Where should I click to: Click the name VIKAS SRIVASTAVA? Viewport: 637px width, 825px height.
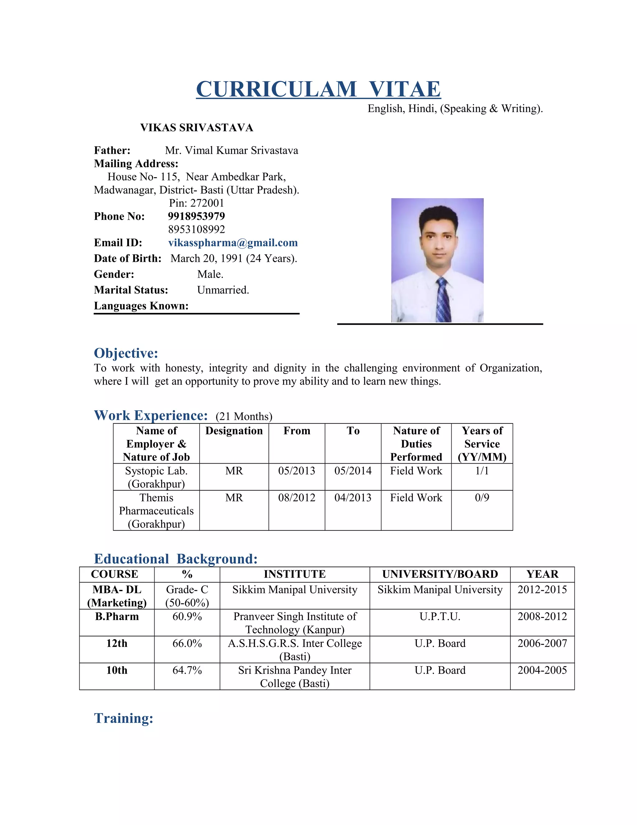tap(197, 128)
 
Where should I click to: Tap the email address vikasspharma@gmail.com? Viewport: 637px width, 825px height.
tap(233, 243)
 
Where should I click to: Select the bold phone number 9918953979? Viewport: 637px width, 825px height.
tap(196, 216)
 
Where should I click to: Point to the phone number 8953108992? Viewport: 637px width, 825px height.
tap(196, 229)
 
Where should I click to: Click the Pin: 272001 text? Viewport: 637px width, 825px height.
tap(196, 203)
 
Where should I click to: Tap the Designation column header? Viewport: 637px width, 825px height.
tap(234, 431)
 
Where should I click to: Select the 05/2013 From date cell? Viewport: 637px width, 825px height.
tap(297, 471)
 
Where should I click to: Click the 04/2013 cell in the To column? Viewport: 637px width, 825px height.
tap(353, 497)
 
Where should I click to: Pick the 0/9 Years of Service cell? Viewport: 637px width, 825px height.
tap(482, 497)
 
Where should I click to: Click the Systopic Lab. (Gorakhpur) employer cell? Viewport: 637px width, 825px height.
tap(156, 477)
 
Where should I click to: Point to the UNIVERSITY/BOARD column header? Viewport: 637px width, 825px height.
tap(440, 574)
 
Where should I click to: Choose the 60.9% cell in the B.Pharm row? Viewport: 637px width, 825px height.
tap(187, 616)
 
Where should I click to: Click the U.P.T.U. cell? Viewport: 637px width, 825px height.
tap(440, 616)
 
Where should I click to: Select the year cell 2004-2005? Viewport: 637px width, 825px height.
tap(542, 670)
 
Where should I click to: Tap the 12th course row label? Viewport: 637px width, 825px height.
tap(117, 643)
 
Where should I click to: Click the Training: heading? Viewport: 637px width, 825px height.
tap(124, 718)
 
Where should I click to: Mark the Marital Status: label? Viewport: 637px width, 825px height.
tap(131, 290)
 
